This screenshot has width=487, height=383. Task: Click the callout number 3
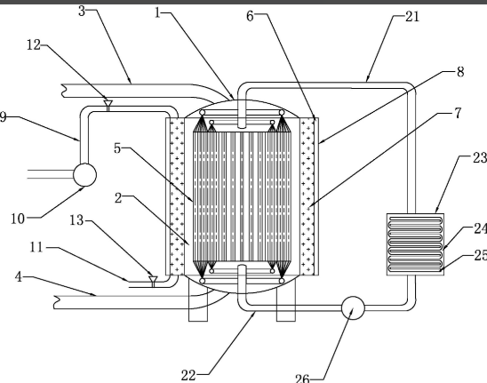click(82, 12)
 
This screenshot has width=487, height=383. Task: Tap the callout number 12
click(34, 45)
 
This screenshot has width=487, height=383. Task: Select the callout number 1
click(158, 13)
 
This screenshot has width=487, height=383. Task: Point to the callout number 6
click(250, 16)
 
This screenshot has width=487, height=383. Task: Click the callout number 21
click(412, 17)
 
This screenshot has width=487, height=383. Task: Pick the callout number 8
click(460, 72)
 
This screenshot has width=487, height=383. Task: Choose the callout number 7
click(458, 113)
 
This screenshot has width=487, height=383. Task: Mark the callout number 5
click(117, 148)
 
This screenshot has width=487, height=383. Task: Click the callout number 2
click(118, 198)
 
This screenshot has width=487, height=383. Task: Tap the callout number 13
click(76, 220)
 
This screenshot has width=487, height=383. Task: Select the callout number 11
click(36, 248)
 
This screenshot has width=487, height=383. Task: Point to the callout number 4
click(19, 276)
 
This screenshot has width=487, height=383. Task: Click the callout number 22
click(188, 375)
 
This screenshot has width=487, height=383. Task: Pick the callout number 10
click(18, 219)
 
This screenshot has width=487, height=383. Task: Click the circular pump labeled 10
click(84, 175)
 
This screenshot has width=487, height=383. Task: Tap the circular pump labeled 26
click(353, 307)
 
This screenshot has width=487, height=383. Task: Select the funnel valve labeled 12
click(108, 105)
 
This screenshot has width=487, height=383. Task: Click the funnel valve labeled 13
click(153, 281)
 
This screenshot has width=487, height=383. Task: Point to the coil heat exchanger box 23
click(415, 244)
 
